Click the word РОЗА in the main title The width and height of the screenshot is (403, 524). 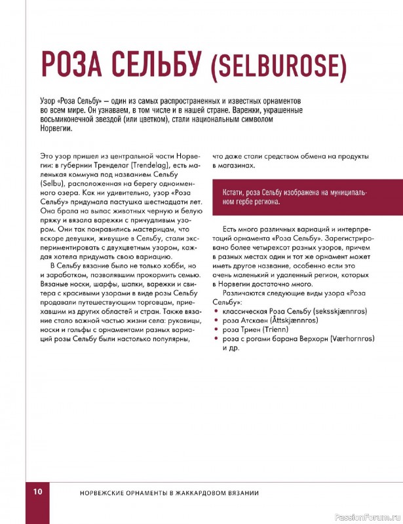tap(73, 65)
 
